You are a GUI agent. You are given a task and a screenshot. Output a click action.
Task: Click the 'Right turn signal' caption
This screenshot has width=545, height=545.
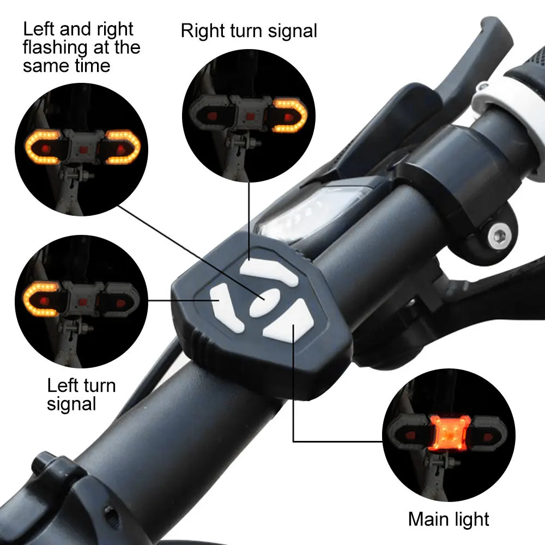pyautogui.click(x=249, y=31)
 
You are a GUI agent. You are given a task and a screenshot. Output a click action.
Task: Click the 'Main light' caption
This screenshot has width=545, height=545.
pyautogui.click(x=449, y=518)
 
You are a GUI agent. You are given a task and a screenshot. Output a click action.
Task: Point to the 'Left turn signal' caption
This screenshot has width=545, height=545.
pyautogui.click(x=81, y=394)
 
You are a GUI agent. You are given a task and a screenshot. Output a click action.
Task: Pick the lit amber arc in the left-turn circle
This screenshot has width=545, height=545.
pyautogui.click(x=41, y=299)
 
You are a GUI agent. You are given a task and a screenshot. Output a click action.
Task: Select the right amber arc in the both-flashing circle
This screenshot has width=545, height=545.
pyautogui.click(x=123, y=147)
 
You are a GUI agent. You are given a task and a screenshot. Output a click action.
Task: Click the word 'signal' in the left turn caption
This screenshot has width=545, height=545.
pyautogui.click(x=71, y=404)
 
